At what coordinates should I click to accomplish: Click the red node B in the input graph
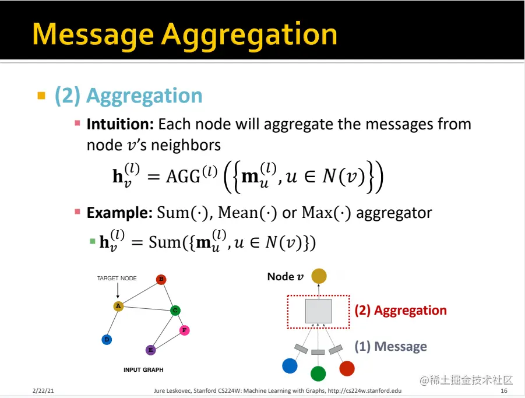(x=161, y=279)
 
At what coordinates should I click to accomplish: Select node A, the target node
(x=118, y=306)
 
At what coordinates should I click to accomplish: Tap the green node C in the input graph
(x=175, y=311)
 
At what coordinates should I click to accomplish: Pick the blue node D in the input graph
(x=107, y=340)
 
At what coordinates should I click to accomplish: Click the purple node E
(x=151, y=350)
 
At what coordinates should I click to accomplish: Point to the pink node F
(x=185, y=330)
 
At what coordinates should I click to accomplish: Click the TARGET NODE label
(x=117, y=278)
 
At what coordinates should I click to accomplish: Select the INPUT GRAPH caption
(x=143, y=369)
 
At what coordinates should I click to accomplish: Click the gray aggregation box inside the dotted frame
(x=318, y=311)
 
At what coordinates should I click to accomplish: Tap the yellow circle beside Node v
(x=319, y=276)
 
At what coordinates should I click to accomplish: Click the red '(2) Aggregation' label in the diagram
(x=400, y=310)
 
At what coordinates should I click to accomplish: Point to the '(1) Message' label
(x=391, y=346)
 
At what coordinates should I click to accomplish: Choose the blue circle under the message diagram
(x=290, y=366)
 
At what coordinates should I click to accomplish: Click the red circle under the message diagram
(x=347, y=368)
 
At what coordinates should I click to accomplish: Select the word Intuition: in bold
(x=120, y=124)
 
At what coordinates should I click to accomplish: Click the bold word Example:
(x=119, y=213)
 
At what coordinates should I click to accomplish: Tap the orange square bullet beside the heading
(x=41, y=96)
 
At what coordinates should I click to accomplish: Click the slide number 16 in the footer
(x=504, y=390)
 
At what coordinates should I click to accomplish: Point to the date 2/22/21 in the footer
(x=43, y=390)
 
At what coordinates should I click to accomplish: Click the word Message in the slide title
(x=93, y=35)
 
